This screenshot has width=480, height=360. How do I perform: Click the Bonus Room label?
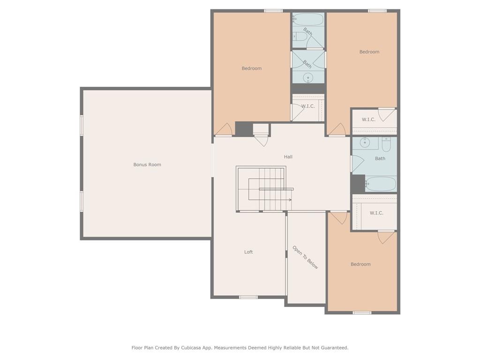(x=147, y=165)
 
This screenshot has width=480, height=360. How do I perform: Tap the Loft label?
(x=248, y=252)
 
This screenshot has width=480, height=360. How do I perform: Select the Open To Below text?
(x=305, y=257)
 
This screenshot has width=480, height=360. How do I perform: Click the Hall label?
(x=288, y=157)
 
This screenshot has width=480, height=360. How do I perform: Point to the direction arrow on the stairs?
(x=289, y=200)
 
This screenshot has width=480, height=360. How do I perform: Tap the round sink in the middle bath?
(x=308, y=78)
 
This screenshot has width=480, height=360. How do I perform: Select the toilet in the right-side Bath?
(x=386, y=145)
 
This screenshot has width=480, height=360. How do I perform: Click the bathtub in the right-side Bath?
(x=381, y=184)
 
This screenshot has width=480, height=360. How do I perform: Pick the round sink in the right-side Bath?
(x=365, y=142)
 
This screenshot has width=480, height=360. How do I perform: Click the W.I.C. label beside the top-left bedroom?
(x=308, y=106)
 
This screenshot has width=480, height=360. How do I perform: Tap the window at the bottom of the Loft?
(x=248, y=297)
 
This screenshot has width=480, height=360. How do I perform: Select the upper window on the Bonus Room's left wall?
(x=82, y=125)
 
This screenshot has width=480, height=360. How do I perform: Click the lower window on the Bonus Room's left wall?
(x=82, y=201)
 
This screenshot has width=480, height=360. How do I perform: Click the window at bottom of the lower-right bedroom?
(x=362, y=313)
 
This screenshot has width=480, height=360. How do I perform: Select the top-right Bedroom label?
(x=369, y=52)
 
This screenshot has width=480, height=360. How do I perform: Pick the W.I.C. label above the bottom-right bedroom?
(x=376, y=213)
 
